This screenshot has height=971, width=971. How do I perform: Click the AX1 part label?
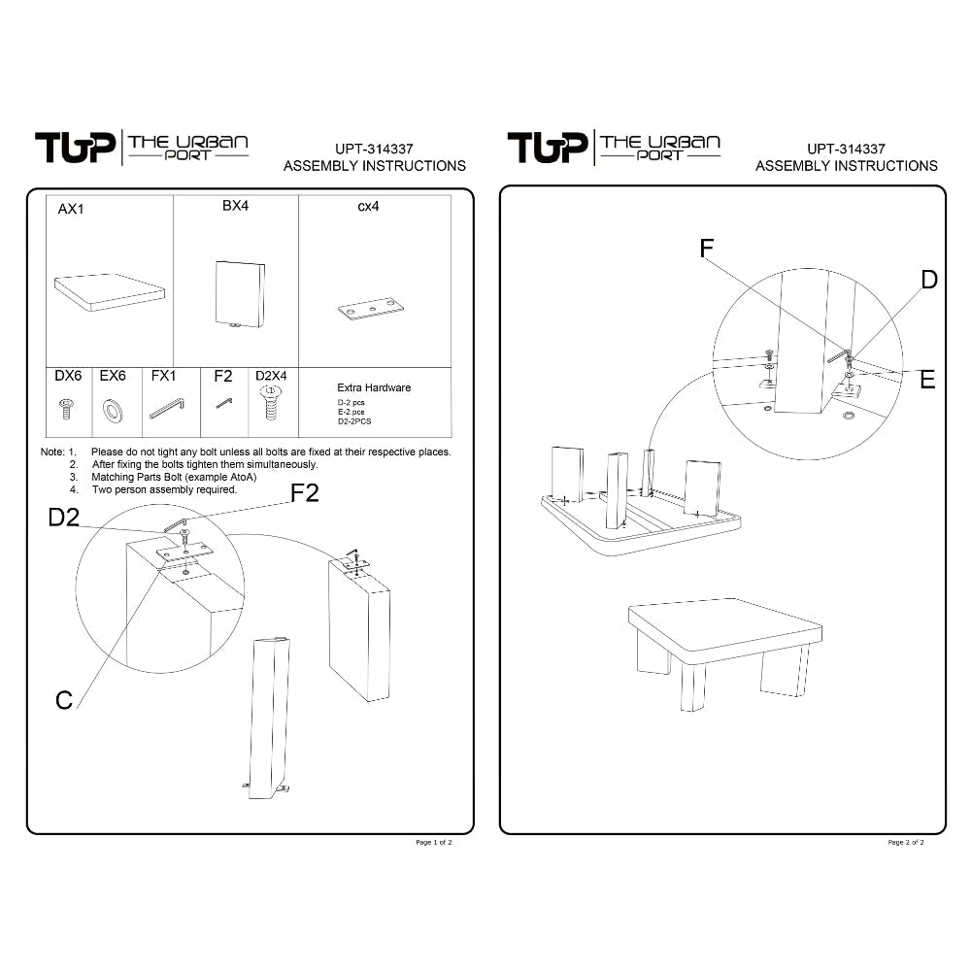tap(71, 209)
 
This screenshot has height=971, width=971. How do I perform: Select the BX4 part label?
tap(236, 206)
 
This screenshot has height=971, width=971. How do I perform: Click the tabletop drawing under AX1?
tap(109, 292)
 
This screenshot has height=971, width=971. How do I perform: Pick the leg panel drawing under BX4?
tap(238, 295)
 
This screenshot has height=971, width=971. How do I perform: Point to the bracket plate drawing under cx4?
tap(369, 310)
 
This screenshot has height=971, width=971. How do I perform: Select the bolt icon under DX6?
tap(68, 408)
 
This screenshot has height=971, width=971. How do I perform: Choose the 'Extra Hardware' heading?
tap(374, 387)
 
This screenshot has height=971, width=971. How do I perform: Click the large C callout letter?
tap(64, 699)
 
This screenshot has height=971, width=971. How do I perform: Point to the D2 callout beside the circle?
tap(64, 519)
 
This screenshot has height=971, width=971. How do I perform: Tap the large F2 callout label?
tap(305, 493)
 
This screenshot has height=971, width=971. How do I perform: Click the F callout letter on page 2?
tap(707, 249)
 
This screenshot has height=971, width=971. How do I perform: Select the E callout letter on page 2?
tap(926, 380)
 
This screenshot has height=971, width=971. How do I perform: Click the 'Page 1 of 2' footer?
tap(434, 843)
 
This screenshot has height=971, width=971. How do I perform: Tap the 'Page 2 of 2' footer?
tap(906, 843)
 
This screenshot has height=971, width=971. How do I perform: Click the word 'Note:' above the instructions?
tap(52, 452)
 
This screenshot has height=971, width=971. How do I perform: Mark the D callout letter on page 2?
tap(928, 280)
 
